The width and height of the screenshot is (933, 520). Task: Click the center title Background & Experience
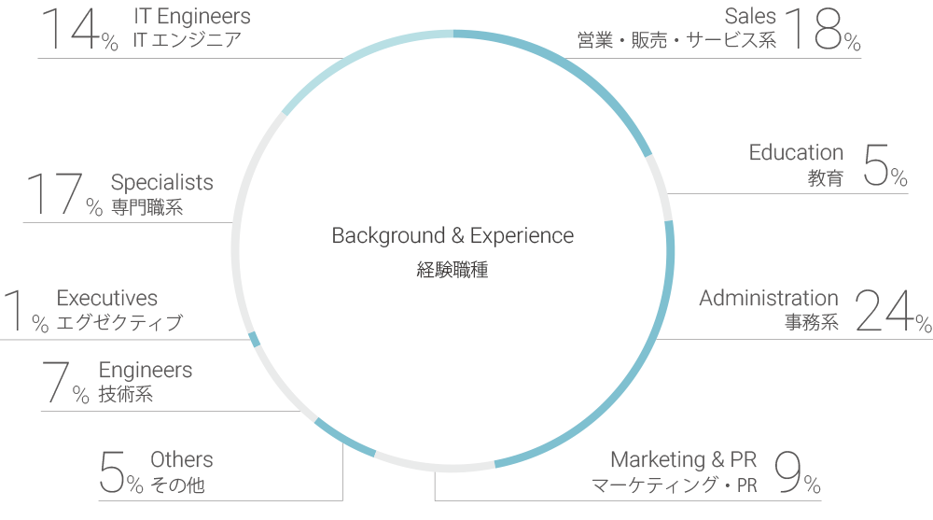click(x=453, y=236)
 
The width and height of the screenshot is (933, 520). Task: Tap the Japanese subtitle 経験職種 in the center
click(x=453, y=272)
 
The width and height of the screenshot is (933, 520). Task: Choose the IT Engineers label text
click(x=191, y=16)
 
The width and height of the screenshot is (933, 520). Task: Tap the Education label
click(x=796, y=152)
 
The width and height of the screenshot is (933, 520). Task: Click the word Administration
click(x=769, y=298)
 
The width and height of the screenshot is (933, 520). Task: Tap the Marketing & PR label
click(x=683, y=459)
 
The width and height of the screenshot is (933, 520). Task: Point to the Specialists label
click(x=161, y=183)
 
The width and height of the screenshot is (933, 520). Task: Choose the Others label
click(x=181, y=459)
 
